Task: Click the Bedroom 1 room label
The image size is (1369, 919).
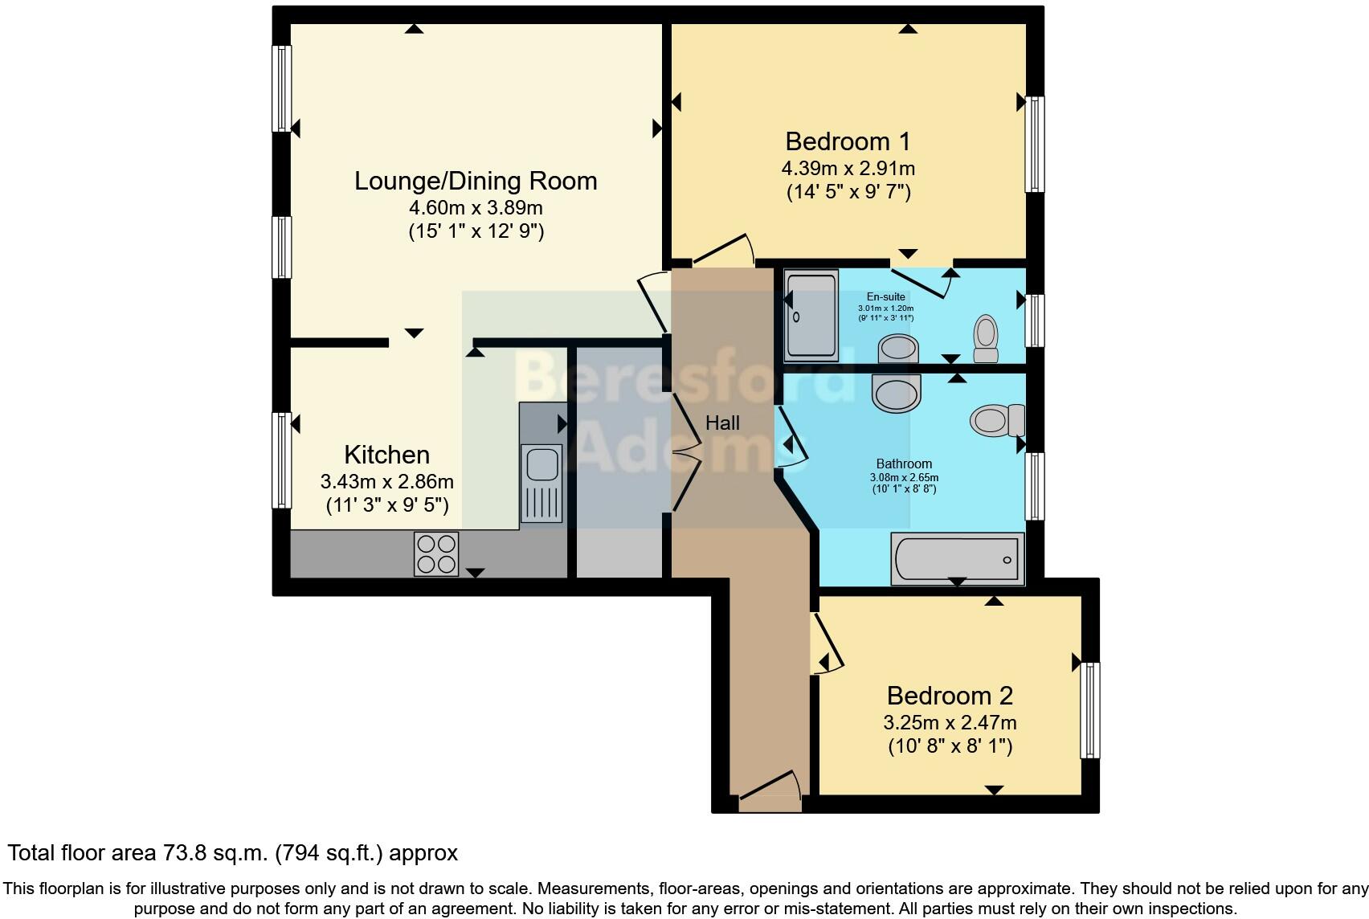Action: pyautogui.click(x=848, y=141)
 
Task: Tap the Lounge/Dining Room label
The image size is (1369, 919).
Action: pyautogui.click(x=476, y=181)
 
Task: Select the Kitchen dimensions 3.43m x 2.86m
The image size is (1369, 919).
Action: pyautogui.click(x=386, y=482)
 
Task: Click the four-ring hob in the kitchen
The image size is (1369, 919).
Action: pyautogui.click(x=436, y=553)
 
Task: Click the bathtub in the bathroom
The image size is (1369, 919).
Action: pyautogui.click(x=957, y=558)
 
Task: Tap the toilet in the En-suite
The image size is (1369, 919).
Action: pyautogui.click(x=986, y=339)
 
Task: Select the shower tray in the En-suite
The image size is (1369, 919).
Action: pyautogui.click(x=811, y=312)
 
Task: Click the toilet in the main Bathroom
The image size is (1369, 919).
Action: pyautogui.click(x=997, y=420)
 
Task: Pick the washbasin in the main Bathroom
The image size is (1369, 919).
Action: pyautogui.click(x=897, y=394)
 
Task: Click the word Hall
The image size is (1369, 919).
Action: pyautogui.click(x=722, y=423)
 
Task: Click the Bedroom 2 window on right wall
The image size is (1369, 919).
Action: pyautogui.click(x=1090, y=709)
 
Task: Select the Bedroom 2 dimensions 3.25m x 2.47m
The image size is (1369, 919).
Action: pyautogui.click(x=950, y=722)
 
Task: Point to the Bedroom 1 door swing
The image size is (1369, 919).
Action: pyautogui.click(x=724, y=249)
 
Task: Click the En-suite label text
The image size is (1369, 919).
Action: pyautogui.click(x=885, y=296)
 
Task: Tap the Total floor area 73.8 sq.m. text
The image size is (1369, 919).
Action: pyautogui.click(x=232, y=853)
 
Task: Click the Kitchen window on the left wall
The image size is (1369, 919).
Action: pyautogui.click(x=281, y=459)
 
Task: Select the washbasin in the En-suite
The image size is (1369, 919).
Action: pyautogui.click(x=898, y=349)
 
